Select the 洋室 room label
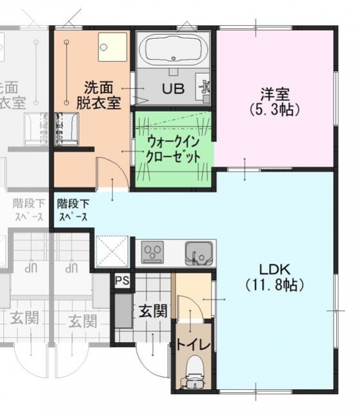(x=274, y=93)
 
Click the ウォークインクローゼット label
(x=173, y=148)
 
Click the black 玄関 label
(x=153, y=311)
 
